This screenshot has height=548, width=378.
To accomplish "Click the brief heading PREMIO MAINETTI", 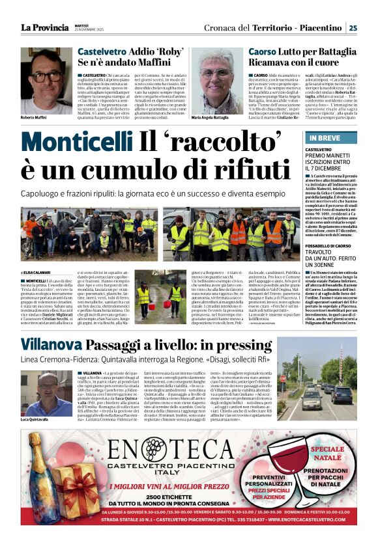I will click(328, 156).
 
